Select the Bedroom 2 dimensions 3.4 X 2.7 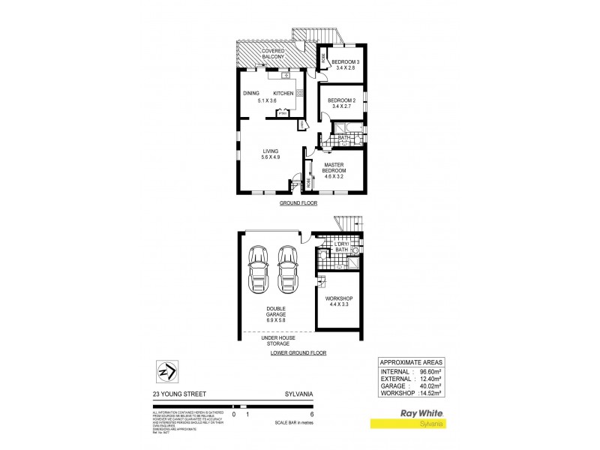point(343,106)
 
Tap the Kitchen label point(283,93)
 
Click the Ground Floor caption point(299,203)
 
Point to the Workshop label point(339,298)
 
